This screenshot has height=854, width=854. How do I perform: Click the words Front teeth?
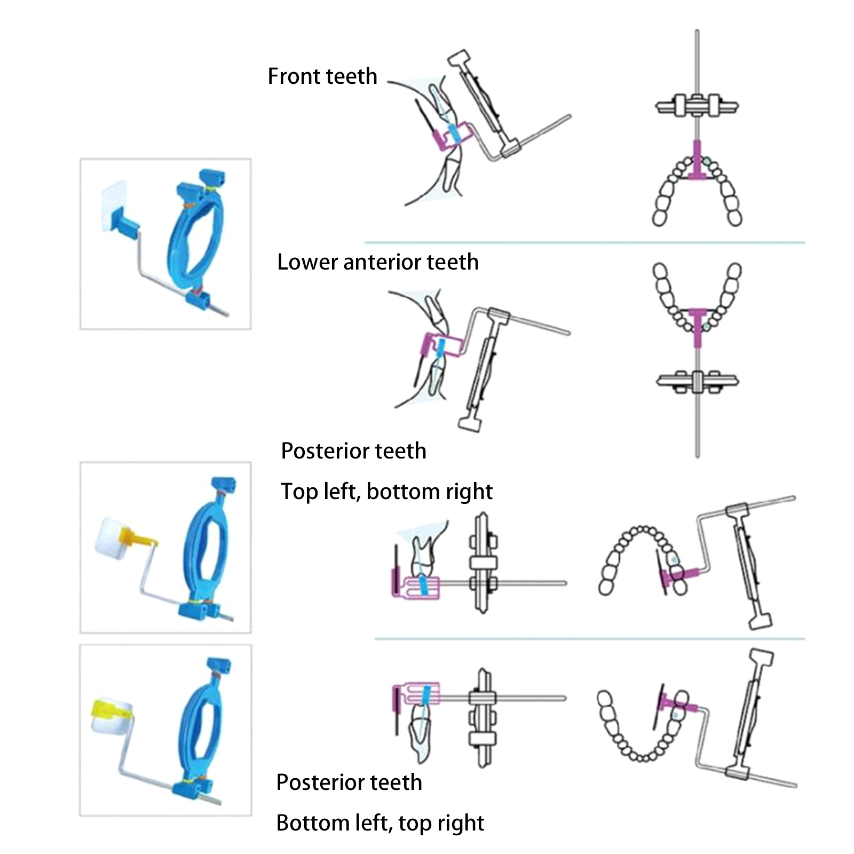322,76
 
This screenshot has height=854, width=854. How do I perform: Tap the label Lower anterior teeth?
378,262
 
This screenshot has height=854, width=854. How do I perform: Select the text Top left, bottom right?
386,492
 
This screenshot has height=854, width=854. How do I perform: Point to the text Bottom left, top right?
380,823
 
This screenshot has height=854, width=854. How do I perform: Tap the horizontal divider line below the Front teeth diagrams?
584,243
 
